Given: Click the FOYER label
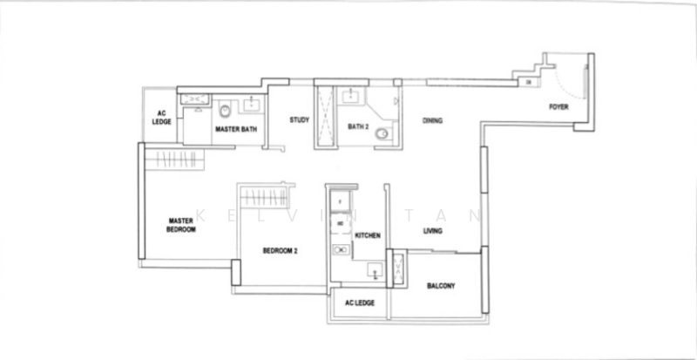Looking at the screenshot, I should coord(558,107).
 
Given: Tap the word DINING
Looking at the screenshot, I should coord(432,120).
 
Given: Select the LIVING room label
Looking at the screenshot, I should coord(432,231).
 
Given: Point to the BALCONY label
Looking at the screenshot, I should coord(441,286).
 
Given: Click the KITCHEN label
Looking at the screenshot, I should coord(367,235).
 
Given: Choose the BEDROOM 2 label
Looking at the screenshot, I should coord(281,251).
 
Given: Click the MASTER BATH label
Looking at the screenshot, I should coord(235,130).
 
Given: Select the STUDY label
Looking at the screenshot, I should coord(301,120).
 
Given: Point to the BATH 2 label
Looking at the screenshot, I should coord(359,126).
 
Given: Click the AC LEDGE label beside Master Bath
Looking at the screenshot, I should coord(162,117).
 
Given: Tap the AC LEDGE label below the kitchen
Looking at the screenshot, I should coord(360,303).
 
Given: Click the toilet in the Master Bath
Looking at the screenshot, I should coord(225,111).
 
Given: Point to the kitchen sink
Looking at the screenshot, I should coord(375,271).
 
